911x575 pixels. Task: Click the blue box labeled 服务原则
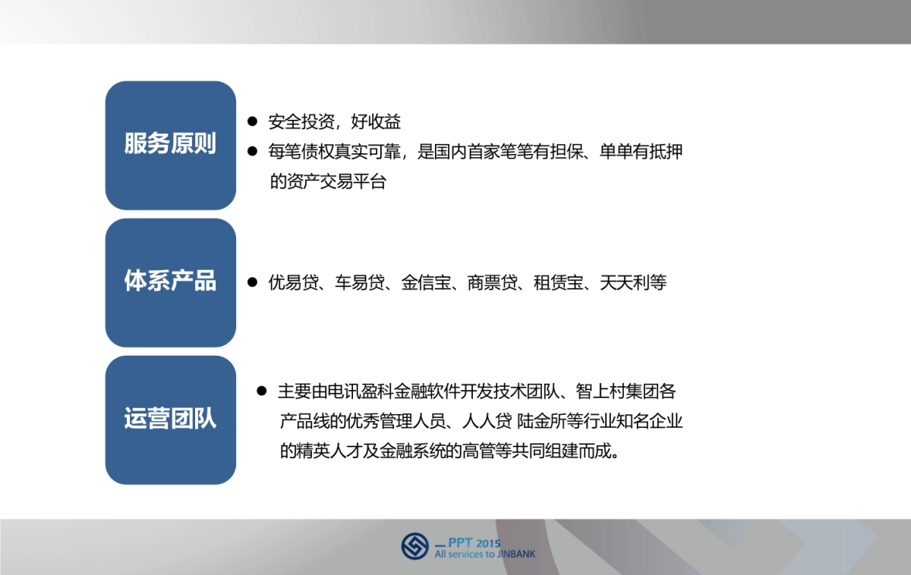[170, 145]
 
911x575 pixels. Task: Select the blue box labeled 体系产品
[170, 282]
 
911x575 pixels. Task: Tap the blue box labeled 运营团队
[170, 419]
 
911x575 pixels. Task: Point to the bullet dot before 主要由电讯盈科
[262, 391]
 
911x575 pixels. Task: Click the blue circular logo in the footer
[415, 546]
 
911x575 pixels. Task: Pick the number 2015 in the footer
[489, 543]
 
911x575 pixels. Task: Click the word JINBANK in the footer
[516, 555]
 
